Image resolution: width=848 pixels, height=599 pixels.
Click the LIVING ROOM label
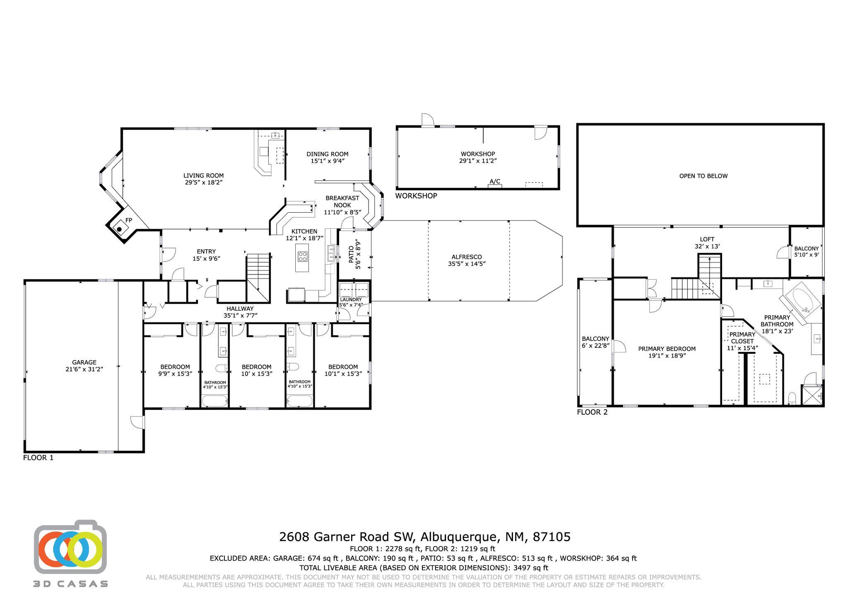pos(204,175)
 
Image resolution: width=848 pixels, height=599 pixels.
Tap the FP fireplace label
pos(129,220)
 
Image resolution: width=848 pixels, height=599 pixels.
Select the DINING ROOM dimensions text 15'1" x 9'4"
pos(328,161)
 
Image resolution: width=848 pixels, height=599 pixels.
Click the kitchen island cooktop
pos(302,257)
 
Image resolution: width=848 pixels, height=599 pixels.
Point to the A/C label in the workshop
pos(495,182)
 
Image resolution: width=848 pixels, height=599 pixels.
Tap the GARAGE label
pos(84,362)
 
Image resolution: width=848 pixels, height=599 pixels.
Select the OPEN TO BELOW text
pos(703,176)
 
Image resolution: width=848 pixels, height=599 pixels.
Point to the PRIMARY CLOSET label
pos(742,338)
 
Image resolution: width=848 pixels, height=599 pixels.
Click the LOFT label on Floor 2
pos(707,239)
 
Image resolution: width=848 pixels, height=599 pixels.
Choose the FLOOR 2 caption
pos(592,412)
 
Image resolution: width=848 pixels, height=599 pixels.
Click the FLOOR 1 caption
pos(38,458)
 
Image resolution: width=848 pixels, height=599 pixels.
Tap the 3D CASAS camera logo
pos(70,553)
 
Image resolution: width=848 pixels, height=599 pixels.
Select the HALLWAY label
pos(240,309)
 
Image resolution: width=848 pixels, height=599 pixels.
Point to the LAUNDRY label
pos(351,299)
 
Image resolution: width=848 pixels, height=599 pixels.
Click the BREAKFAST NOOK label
pos(342,201)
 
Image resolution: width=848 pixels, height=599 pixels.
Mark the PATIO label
pos(351,255)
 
